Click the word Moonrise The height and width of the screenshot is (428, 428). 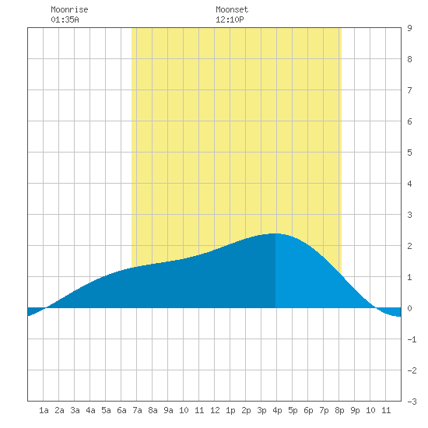69,9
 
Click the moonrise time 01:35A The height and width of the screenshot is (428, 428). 65,19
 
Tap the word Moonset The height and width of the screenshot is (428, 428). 232,9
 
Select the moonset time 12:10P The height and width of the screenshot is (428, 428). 230,19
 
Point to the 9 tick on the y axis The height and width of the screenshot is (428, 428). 409,28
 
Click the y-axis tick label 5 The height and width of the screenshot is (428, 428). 409,153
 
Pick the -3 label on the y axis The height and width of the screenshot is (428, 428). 412,402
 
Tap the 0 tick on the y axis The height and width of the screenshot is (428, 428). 409,308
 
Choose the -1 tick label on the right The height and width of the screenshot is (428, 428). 412,339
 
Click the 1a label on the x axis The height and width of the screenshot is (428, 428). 44,410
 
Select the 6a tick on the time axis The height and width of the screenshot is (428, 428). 121,410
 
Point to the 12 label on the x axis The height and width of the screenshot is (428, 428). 215,410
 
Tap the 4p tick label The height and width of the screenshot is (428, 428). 277,410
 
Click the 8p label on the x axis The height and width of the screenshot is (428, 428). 339,410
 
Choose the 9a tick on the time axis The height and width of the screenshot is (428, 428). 168,410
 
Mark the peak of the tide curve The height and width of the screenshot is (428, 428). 275,233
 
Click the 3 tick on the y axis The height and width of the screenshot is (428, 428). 409,215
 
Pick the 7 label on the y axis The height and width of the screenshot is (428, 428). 409,90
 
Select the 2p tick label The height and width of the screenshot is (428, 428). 246,410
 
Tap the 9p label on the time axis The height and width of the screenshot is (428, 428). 355,410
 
